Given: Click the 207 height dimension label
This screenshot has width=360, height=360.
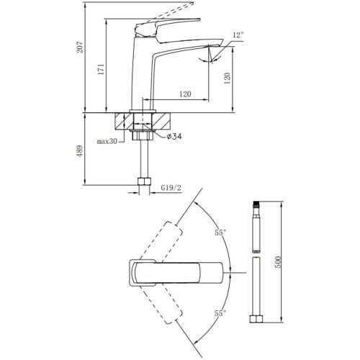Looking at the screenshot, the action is click(80, 47).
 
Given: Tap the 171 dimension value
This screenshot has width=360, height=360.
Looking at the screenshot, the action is click(101, 69).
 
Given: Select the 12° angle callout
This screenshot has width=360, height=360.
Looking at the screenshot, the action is click(238, 35).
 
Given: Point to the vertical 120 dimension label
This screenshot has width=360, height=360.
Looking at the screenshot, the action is click(228, 78).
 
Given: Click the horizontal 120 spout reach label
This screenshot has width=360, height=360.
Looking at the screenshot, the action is click(185, 94).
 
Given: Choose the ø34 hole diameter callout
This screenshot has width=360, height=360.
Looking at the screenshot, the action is click(174, 137).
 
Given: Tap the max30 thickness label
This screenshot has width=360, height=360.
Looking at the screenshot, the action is click(107, 141).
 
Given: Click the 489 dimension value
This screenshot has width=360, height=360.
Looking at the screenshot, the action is click(80, 151).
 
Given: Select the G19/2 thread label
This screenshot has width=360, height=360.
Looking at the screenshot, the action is click(171, 188).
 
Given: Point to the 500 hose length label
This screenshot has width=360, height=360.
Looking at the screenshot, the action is click(277, 262).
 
